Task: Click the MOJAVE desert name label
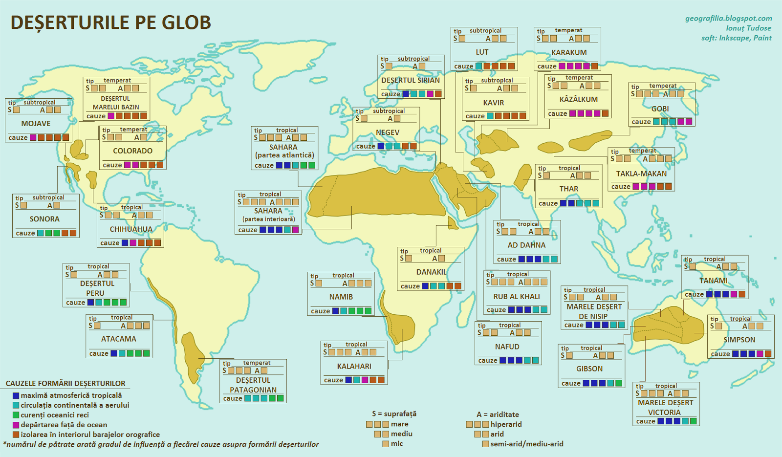pos(36,124)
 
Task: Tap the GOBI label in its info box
pos(660,109)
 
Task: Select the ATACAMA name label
pos(118,339)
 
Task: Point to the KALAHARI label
pos(354,366)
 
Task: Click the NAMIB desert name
pos(341,297)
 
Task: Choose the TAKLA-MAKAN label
pos(641,174)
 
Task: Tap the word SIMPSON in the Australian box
pos(739,340)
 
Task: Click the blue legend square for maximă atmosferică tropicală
pos(16,395)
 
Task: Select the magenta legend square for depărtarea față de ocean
pos(16,425)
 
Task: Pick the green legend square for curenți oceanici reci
pos(16,415)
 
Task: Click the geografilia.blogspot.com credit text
pos(728,19)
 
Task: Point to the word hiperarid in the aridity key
pos(506,424)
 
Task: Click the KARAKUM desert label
pos(569,52)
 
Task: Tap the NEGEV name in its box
pos(388,132)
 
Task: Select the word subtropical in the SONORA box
pos(48,197)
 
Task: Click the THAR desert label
pos(568,189)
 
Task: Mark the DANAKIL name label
pos(431,272)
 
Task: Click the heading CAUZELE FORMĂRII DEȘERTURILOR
pos(65,384)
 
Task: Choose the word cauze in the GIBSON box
pos(571,383)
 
